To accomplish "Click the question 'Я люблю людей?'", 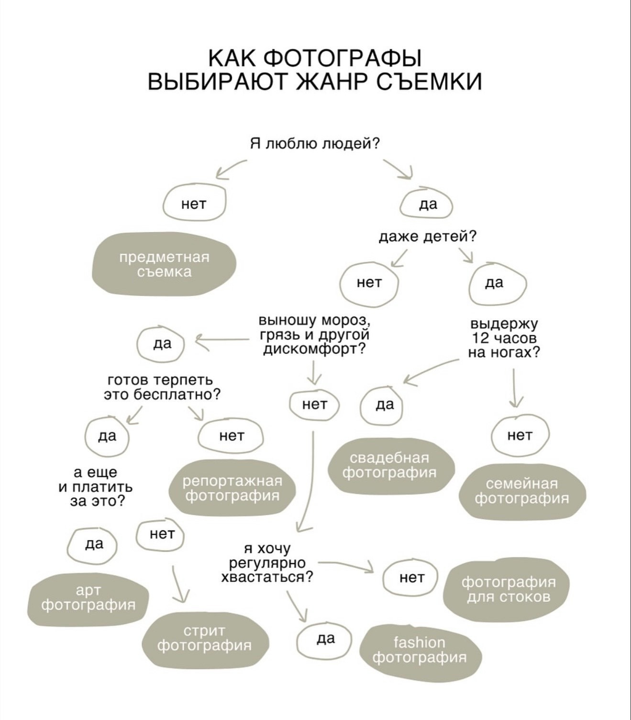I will (x=315, y=143).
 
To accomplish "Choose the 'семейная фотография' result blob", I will (x=522, y=491).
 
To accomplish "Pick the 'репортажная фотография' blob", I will (x=232, y=488).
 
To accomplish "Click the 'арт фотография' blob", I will (x=89, y=598).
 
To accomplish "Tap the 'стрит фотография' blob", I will (x=204, y=639).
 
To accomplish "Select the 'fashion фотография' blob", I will (x=420, y=650).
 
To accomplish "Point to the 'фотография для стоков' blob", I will (x=509, y=589).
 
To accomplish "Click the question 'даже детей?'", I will (x=428, y=236).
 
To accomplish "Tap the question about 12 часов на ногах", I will (x=504, y=338).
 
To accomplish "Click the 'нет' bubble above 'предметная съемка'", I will (x=194, y=204).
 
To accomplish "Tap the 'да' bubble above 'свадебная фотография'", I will (x=384, y=405).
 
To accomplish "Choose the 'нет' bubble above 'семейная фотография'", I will (x=520, y=435).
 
